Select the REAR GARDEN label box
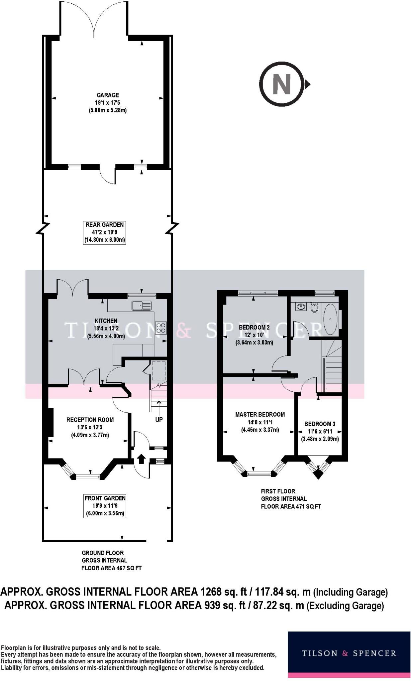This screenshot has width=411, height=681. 104,232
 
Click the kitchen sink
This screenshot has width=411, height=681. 141,305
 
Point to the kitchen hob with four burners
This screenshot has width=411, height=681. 161,328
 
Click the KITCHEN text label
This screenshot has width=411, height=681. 106,321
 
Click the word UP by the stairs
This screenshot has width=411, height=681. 159,420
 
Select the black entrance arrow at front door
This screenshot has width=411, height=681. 141,459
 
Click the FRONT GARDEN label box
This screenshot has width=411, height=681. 105,505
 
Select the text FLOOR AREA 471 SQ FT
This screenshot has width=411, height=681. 291,506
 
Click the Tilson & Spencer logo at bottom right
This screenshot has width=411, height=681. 349,653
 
